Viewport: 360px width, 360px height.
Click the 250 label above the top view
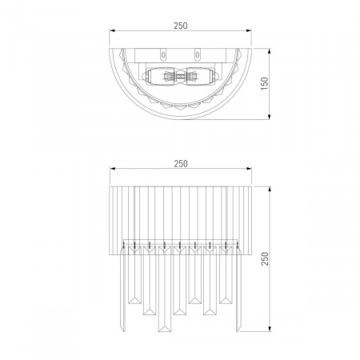click(x=181, y=26)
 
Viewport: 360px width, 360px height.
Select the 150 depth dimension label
click(x=264, y=83)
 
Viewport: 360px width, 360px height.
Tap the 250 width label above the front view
click(x=181, y=163)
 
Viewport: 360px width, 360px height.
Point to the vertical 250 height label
click(x=265, y=258)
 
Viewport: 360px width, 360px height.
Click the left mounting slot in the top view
click(x=163, y=54)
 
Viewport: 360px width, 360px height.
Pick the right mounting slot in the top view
click(x=198, y=54)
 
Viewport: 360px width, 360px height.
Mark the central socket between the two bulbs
click(x=181, y=76)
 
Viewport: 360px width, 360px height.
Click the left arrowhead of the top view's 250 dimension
click(x=112, y=30)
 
